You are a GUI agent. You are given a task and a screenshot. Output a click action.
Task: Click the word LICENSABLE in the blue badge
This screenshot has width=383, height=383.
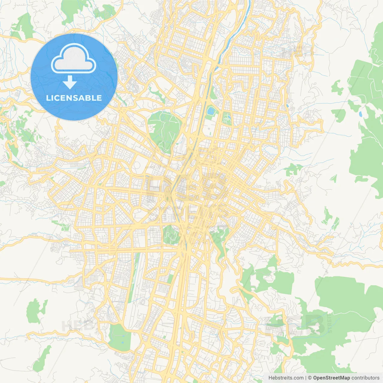74,98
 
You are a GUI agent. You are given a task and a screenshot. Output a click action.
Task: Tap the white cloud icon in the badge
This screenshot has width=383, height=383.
74,59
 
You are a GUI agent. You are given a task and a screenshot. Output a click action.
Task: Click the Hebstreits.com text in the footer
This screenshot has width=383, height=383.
286,378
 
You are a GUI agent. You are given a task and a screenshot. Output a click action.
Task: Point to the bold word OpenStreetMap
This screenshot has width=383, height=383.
332,378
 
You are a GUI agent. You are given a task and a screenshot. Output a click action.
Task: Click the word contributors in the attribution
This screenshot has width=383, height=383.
365,378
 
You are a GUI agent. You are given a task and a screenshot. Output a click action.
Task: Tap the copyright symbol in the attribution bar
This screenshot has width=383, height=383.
310,378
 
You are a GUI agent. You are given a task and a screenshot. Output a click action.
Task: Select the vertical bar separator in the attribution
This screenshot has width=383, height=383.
306,378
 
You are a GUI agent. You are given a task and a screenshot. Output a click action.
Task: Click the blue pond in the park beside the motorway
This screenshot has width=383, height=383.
211,111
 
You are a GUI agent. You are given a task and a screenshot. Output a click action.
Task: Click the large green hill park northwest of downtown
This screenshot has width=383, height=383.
165,129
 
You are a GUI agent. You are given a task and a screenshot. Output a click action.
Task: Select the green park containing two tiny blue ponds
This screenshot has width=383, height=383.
120,338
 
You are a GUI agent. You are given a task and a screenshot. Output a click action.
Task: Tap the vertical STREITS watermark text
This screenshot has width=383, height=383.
330,323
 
